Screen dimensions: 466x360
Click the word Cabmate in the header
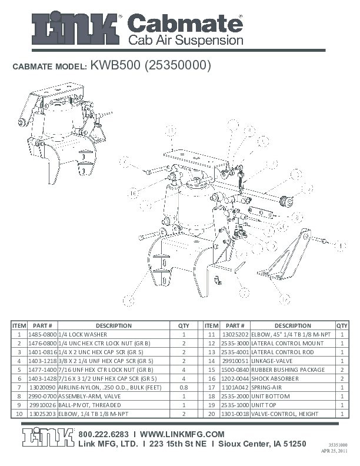coord(185,24)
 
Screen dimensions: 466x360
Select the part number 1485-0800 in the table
coord(42,334)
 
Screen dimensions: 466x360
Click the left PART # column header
coord(42,325)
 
